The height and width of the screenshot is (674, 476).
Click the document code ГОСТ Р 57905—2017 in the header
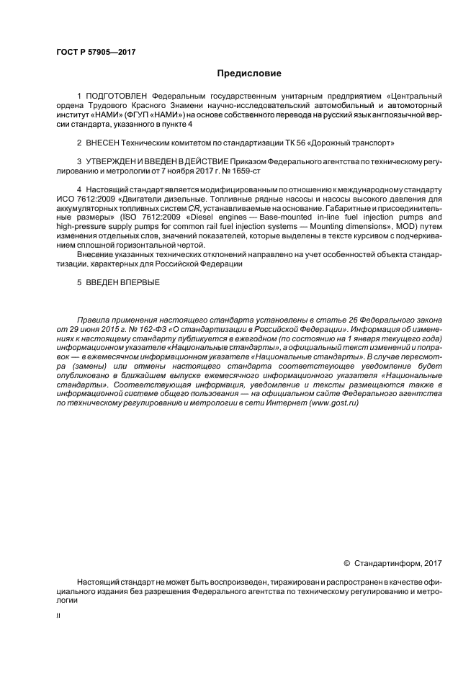point(95,53)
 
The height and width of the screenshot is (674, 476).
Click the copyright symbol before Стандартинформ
point(346,562)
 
